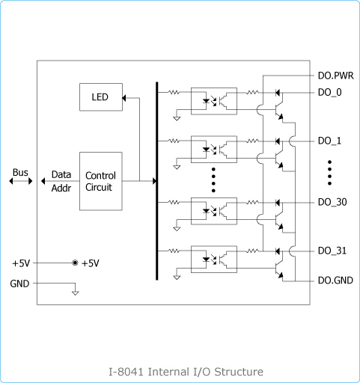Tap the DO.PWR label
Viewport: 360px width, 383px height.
coord(335,76)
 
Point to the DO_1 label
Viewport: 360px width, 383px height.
coord(329,141)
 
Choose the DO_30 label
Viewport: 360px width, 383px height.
coord(332,202)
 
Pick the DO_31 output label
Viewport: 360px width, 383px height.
coord(332,251)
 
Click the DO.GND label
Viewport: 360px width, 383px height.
coord(335,281)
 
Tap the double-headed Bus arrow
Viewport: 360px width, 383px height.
coord(21,181)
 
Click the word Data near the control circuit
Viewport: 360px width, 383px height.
coord(61,174)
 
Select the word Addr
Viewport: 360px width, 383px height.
coord(61,188)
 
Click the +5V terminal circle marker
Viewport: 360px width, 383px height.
coord(75,263)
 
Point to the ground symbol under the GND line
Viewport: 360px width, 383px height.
coord(75,292)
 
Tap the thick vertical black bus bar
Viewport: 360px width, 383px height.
coord(157,181)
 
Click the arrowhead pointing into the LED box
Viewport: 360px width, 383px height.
coord(123,98)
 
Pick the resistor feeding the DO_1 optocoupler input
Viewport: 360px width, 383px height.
coord(174,141)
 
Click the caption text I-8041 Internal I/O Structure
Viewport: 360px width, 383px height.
coord(186,372)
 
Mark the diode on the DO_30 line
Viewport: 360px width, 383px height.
coord(278,203)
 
